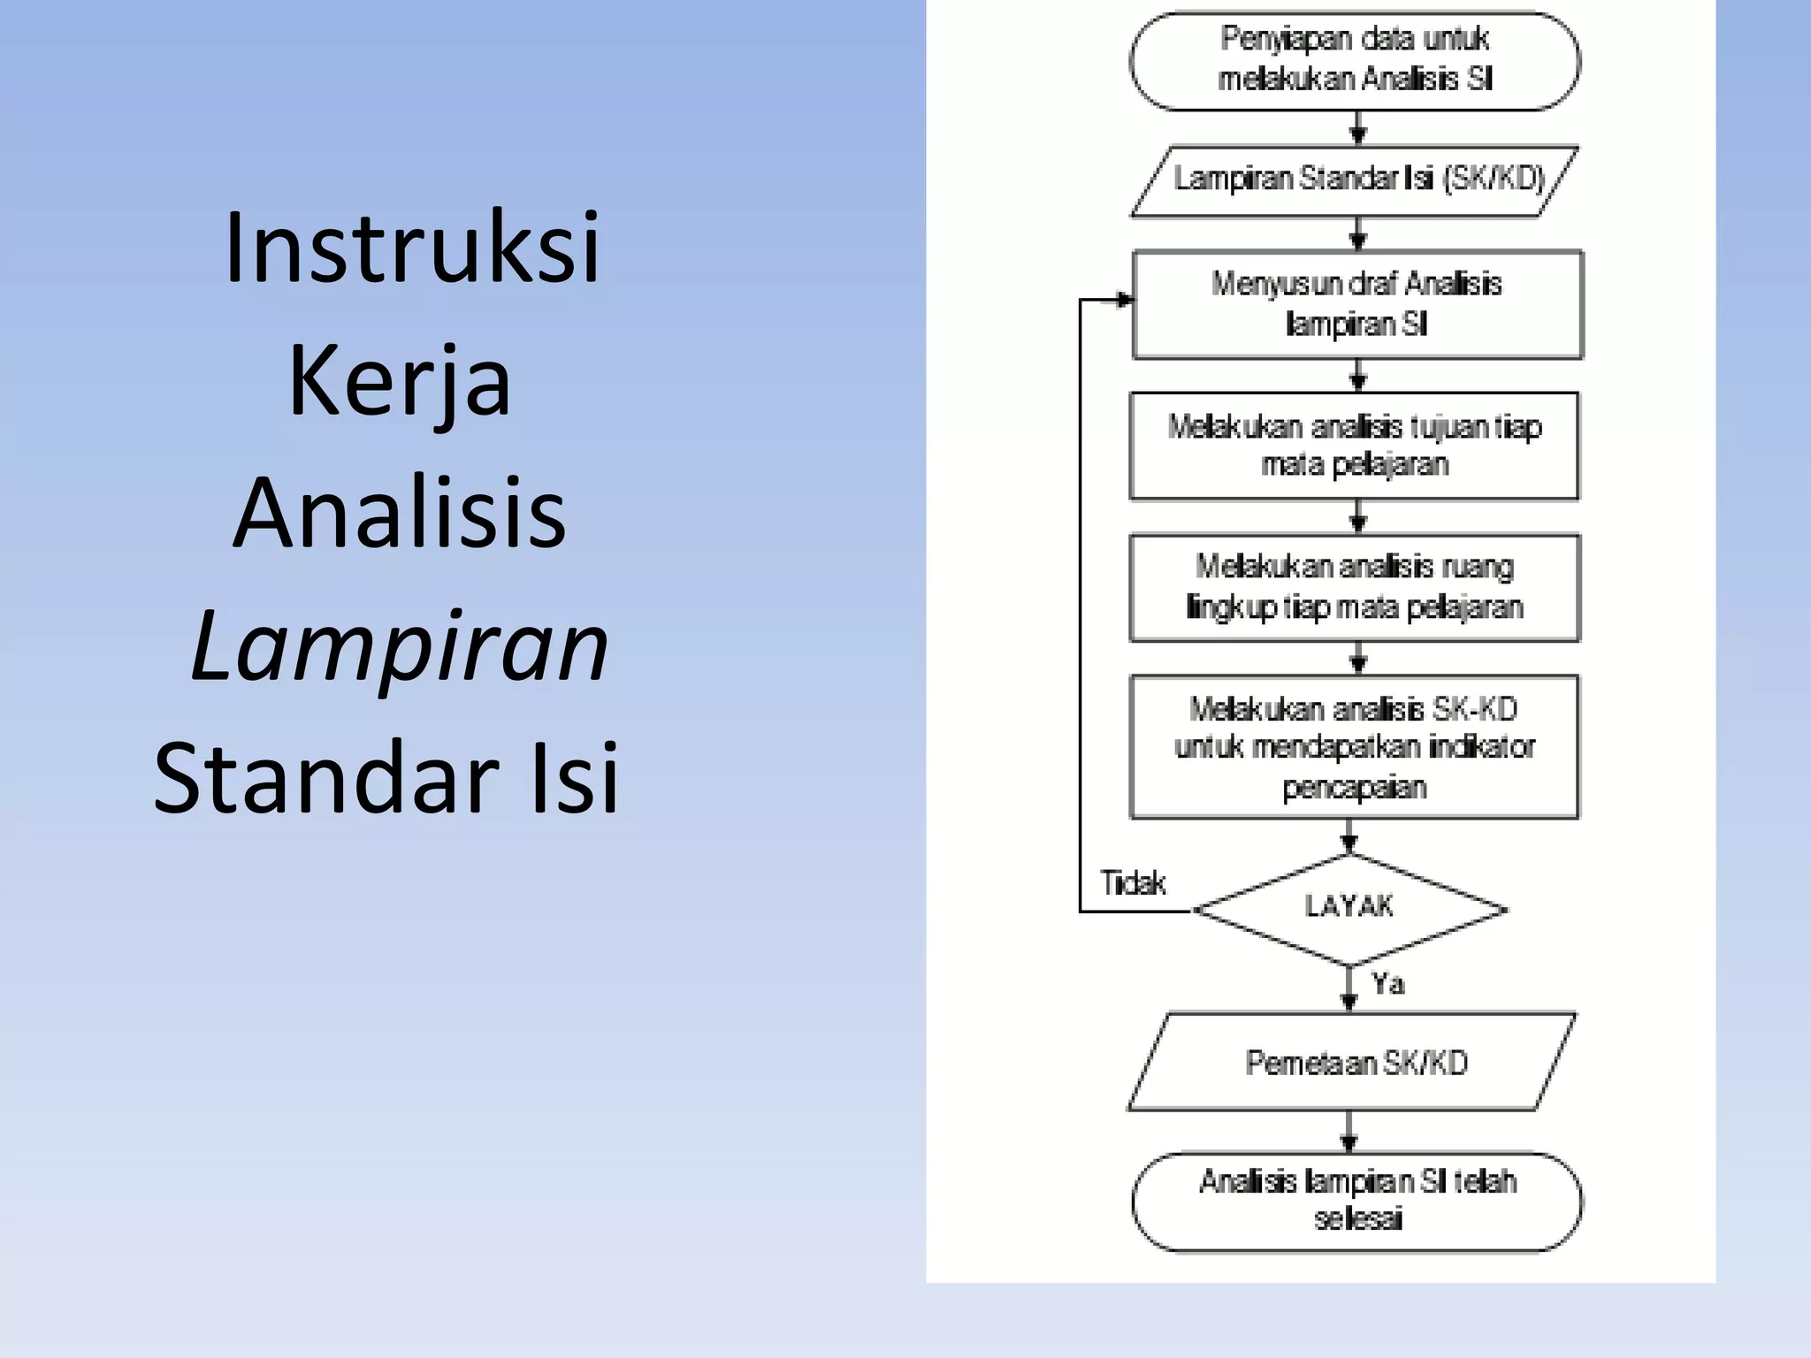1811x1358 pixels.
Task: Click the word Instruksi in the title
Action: click(x=412, y=248)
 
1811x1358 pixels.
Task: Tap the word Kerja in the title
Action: click(x=400, y=382)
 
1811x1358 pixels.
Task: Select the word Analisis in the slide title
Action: click(x=400, y=514)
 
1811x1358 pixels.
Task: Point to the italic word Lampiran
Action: click(x=400, y=646)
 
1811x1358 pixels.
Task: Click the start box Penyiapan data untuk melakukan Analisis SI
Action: click(x=1355, y=60)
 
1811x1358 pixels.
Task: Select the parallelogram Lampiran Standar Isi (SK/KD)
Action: click(x=1355, y=180)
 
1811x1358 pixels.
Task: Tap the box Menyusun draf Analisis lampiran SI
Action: click(x=1356, y=304)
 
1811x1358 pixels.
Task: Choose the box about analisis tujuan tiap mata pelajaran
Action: click(x=1354, y=446)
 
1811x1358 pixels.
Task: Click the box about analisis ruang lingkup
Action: click(x=1354, y=587)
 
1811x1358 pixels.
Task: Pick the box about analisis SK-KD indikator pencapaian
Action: click(x=1354, y=747)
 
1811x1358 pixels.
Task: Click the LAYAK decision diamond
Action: click(x=1349, y=908)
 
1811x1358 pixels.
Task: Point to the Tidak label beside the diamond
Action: click(x=1133, y=883)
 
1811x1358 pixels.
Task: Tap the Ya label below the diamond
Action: click(x=1387, y=984)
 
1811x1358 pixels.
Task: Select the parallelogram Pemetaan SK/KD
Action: click(x=1353, y=1062)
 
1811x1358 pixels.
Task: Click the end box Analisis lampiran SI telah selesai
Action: click(x=1356, y=1201)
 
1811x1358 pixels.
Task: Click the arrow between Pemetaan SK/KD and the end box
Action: click(x=1349, y=1132)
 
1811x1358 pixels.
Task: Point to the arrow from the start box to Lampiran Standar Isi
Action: click(x=1358, y=128)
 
